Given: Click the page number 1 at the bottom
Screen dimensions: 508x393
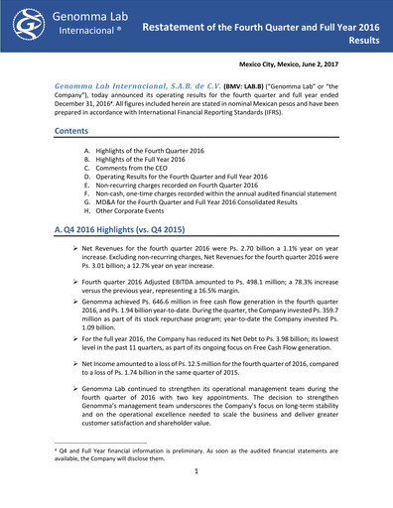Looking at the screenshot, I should tap(197, 487).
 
